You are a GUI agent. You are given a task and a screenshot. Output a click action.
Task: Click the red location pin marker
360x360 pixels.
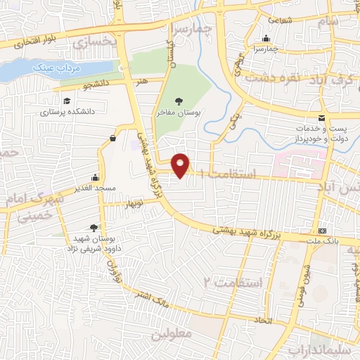point(182,165)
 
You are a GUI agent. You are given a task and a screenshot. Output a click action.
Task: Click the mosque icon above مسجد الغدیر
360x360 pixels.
point(95,177)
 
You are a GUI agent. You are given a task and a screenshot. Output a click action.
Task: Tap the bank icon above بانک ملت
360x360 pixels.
point(322,231)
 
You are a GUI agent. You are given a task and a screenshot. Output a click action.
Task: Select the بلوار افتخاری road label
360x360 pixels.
point(34,41)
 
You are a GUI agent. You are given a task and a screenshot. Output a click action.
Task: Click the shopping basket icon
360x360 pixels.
point(112,139)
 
